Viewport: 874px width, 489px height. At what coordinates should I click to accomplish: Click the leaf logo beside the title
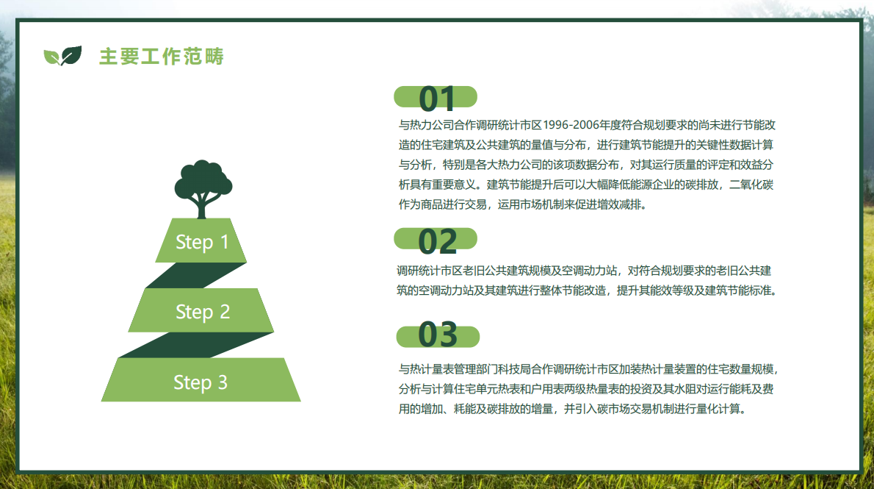[62, 56]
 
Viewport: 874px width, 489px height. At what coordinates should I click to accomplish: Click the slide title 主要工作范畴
[162, 57]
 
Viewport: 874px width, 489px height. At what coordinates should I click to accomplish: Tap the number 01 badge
[436, 97]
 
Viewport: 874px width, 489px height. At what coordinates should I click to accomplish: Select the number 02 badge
[436, 240]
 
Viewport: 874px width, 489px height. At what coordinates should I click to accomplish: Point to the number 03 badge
[438, 335]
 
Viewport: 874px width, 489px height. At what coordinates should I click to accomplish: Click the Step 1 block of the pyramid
[201, 240]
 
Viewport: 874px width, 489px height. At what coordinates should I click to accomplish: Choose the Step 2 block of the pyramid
[201, 311]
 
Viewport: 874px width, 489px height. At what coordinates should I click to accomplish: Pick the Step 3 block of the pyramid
[201, 380]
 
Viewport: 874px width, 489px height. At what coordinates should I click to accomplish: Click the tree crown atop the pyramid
[203, 179]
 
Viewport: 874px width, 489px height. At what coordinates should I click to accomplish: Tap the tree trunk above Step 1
[202, 207]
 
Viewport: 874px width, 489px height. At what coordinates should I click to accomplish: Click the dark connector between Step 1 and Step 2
[195, 275]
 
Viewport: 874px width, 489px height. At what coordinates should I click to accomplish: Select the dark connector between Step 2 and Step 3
[195, 345]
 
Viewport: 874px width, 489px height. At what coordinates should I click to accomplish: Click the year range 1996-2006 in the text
[571, 125]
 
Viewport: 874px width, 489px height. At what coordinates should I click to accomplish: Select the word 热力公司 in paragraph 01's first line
[432, 125]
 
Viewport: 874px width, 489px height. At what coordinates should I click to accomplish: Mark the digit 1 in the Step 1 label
[224, 242]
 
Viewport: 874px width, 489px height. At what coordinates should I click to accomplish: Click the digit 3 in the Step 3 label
[223, 382]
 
